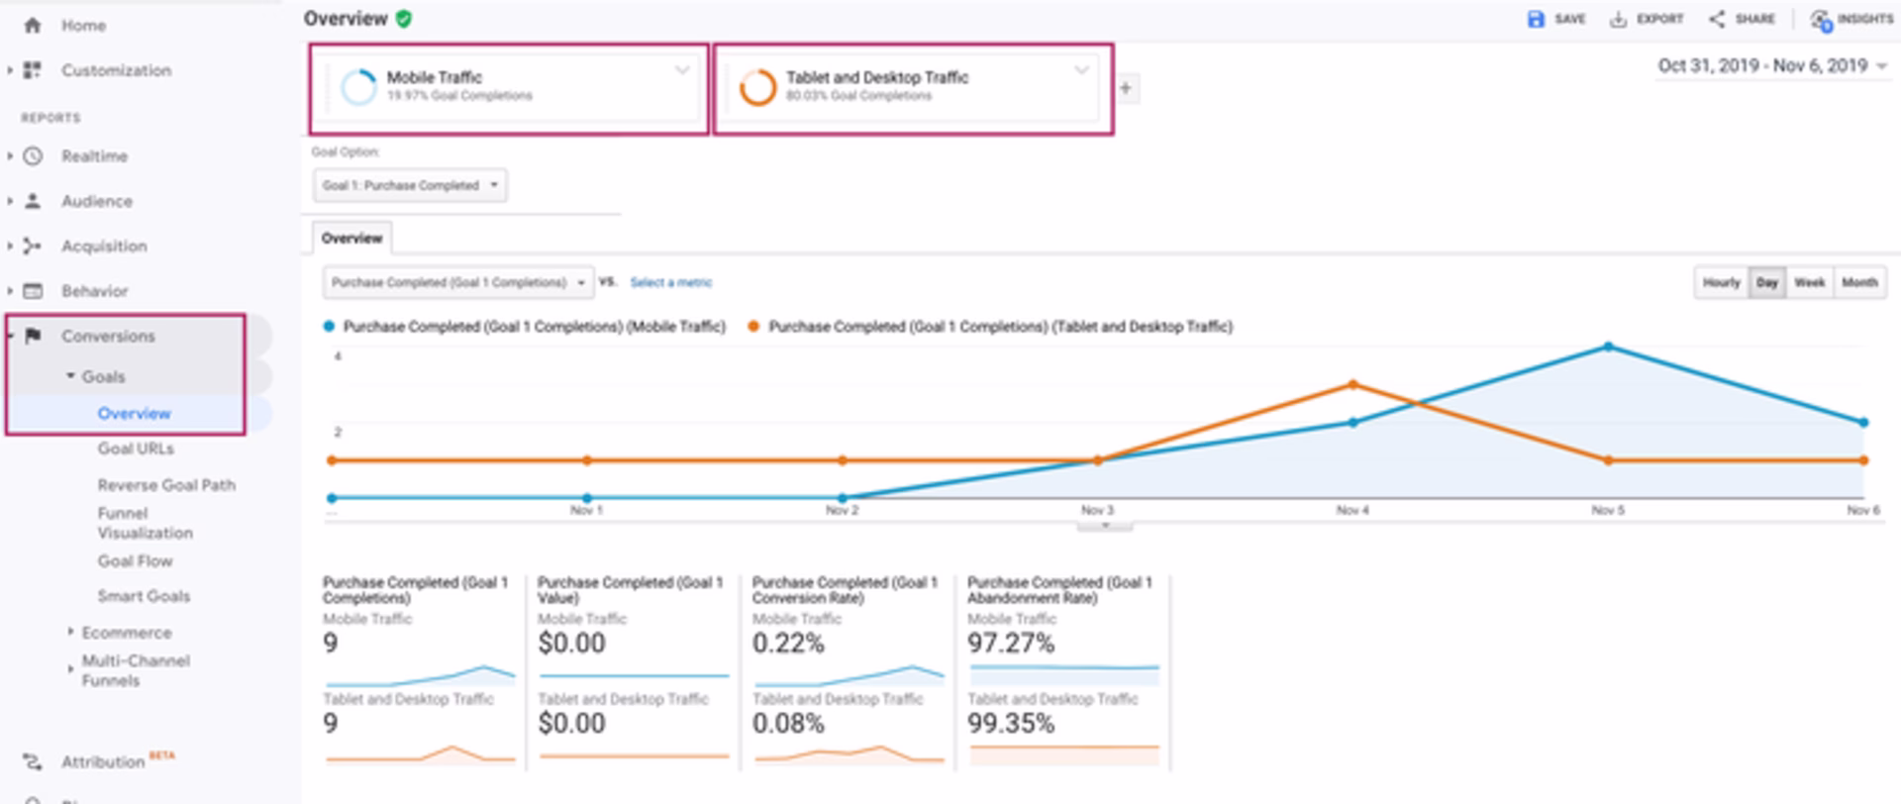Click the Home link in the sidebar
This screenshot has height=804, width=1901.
point(82,26)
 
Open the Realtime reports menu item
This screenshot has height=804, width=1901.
point(94,156)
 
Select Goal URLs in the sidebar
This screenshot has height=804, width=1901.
point(136,449)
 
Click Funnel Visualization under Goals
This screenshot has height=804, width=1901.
point(145,523)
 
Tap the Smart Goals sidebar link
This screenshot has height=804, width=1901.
point(144,596)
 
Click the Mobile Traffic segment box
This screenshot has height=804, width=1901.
point(508,88)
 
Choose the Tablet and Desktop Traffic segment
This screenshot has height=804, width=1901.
point(912,88)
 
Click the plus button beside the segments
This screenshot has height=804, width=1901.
point(1126,88)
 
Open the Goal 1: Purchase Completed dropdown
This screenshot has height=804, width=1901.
point(410,185)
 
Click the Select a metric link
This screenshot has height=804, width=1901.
point(670,282)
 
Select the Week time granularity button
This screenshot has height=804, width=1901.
point(1809,282)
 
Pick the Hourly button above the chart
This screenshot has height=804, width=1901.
point(1721,282)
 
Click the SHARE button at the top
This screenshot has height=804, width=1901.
point(1742,19)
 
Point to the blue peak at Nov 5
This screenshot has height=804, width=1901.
point(1608,347)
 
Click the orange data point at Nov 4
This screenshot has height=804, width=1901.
point(1352,384)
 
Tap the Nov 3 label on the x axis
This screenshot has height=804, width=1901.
point(1097,510)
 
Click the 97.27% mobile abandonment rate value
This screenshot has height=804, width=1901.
point(1010,644)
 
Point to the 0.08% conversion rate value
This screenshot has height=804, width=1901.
point(788,724)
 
